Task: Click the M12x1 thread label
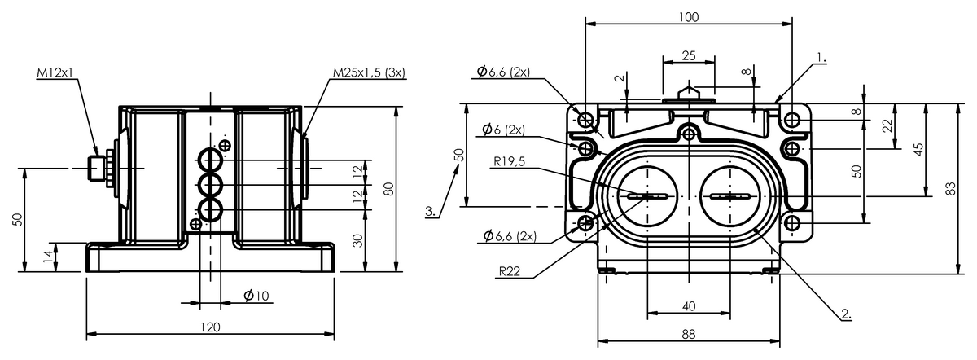[x=55, y=72]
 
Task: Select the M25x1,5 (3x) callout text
[x=369, y=72]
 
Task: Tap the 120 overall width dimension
[x=210, y=327]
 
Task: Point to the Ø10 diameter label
[x=256, y=296]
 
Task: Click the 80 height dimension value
[x=388, y=189]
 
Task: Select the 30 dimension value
[x=357, y=240]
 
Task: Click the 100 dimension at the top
[x=689, y=17]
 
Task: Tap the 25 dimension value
[x=689, y=56]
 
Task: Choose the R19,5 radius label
[x=510, y=161]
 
